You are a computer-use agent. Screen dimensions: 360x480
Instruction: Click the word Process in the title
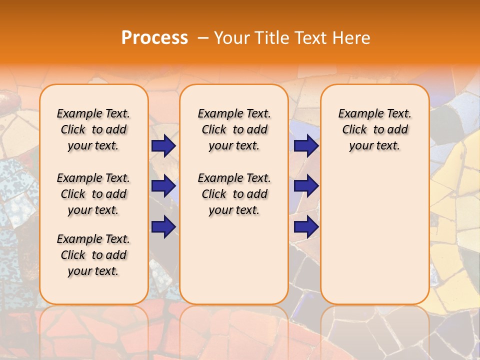tap(154, 38)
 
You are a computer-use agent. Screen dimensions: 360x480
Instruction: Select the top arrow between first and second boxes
tap(163, 146)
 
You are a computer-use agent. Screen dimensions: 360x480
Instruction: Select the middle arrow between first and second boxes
tap(163, 186)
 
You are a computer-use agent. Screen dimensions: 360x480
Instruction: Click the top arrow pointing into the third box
tap(306, 146)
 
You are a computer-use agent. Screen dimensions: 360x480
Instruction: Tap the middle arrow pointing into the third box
tap(306, 186)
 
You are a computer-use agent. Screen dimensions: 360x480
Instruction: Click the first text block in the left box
tap(93, 129)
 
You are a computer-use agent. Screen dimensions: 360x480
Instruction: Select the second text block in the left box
tap(93, 194)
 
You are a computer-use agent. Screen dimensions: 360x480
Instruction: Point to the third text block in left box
tap(93, 255)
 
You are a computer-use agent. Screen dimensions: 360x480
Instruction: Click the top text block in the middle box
tap(234, 129)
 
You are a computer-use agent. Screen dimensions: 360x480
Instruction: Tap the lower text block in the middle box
tap(234, 194)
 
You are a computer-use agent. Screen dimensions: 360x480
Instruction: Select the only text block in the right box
tap(374, 129)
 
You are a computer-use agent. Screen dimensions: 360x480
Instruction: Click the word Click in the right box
tap(354, 130)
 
